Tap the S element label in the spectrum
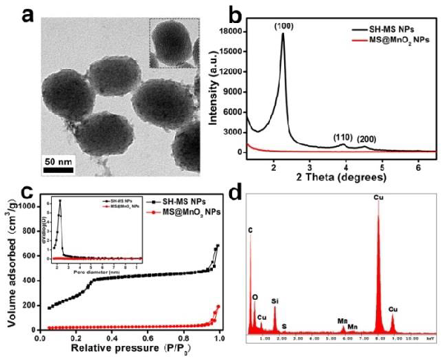click(x=285, y=326)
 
